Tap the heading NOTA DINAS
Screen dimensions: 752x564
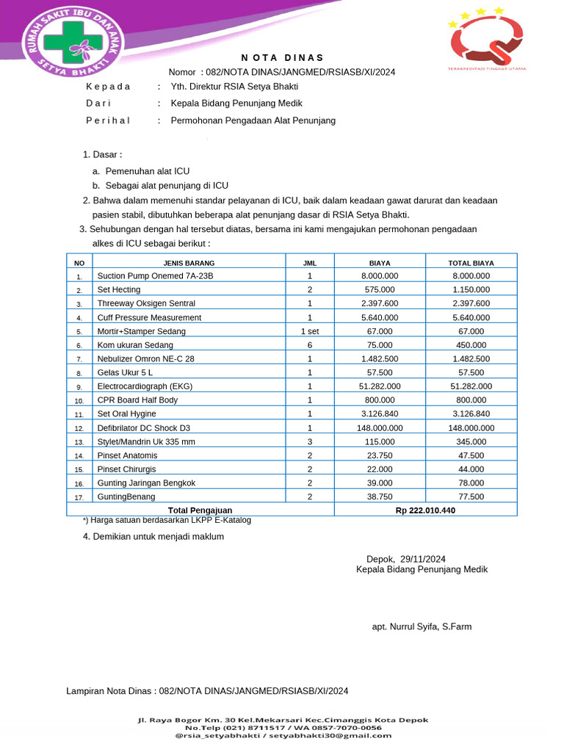(282, 58)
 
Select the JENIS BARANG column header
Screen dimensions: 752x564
(189, 262)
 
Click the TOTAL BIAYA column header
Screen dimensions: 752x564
(471, 262)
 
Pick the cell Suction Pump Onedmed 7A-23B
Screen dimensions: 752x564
(155, 276)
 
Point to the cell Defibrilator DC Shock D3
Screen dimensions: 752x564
(143, 428)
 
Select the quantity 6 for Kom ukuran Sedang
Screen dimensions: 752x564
(310, 345)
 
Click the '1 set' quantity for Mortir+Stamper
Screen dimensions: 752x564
(310, 331)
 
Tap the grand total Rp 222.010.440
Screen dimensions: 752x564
(425, 510)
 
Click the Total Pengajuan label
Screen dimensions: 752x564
(200, 510)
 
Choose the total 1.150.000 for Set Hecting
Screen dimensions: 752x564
(471, 290)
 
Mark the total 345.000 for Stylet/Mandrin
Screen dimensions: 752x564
(471, 441)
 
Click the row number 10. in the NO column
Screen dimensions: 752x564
(79, 401)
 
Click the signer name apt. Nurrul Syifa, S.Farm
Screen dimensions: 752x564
(422, 626)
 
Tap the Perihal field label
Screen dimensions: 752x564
(108, 120)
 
